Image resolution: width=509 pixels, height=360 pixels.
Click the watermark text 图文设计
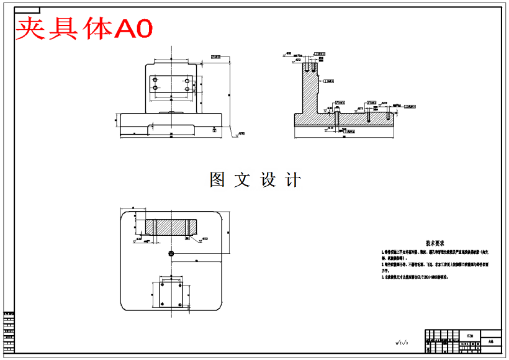coord(255,180)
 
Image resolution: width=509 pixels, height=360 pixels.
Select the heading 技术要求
coord(435,244)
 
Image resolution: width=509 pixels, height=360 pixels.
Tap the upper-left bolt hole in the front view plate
coord(156,80)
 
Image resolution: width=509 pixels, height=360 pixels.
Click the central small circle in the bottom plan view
coord(171,253)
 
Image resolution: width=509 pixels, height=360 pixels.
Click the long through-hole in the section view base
coord(336,118)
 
